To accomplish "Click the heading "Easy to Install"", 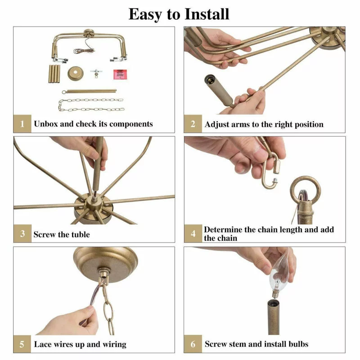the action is pyautogui.click(x=179, y=14).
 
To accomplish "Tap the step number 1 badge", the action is pyautogui.click(x=22, y=123).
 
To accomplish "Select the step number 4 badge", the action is pyautogui.click(x=193, y=234).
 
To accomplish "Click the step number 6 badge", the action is pyautogui.click(x=193, y=344).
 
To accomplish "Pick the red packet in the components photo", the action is pyautogui.click(x=120, y=74).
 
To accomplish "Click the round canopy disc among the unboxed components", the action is pyautogui.click(x=76, y=73).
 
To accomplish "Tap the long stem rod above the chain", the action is pyautogui.click(x=89, y=91).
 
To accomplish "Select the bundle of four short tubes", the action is pyautogui.click(x=54, y=74).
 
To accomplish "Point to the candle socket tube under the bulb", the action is pyautogui.click(x=274, y=317).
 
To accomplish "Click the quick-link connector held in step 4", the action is pyautogui.click(x=271, y=171).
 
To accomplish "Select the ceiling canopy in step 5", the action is pyautogui.click(x=106, y=261).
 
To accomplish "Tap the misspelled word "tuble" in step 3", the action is pyautogui.click(x=81, y=234).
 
